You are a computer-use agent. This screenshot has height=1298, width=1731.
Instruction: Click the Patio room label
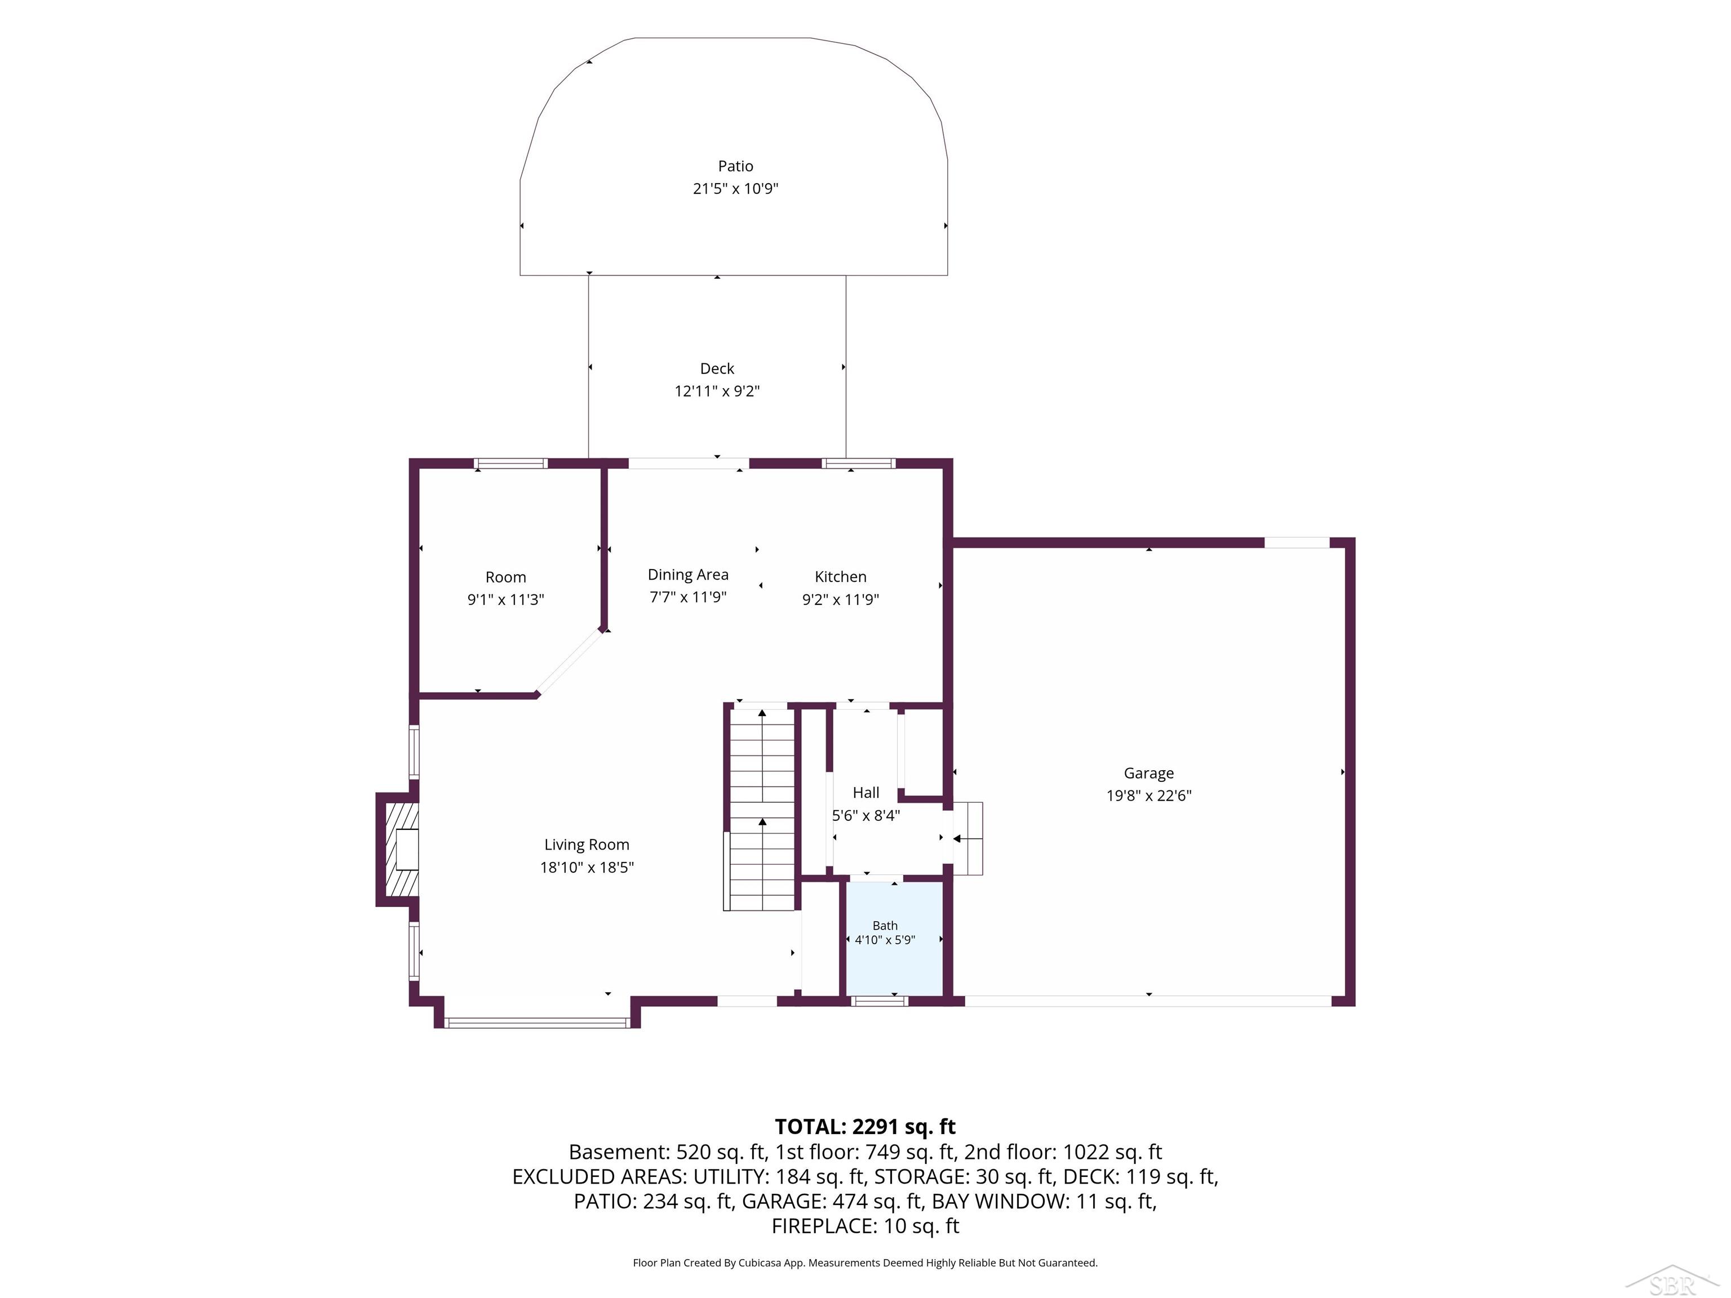[x=735, y=166]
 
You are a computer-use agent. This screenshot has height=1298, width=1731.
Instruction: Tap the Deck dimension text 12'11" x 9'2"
[x=717, y=390]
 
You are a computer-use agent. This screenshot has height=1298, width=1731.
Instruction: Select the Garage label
[x=1149, y=773]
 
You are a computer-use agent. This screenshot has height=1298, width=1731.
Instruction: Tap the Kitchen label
[x=841, y=577]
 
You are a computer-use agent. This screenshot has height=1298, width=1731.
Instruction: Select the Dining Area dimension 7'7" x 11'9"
[x=688, y=597]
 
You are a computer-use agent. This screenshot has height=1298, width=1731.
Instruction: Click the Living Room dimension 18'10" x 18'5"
[x=587, y=867]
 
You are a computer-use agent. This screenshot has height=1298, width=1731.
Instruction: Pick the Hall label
[x=865, y=793]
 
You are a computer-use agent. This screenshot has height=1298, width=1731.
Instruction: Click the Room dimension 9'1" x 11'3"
[x=505, y=599]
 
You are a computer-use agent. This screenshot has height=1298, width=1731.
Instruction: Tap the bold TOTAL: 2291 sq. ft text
[x=865, y=1127]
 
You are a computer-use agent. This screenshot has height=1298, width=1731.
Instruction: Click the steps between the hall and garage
[x=968, y=838]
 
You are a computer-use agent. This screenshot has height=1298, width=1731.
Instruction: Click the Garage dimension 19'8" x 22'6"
[x=1149, y=795]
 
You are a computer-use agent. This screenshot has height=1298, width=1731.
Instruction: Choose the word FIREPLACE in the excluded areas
[x=824, y=1226]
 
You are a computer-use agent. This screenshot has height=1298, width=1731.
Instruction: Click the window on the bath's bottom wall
[x=880, y=1001]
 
